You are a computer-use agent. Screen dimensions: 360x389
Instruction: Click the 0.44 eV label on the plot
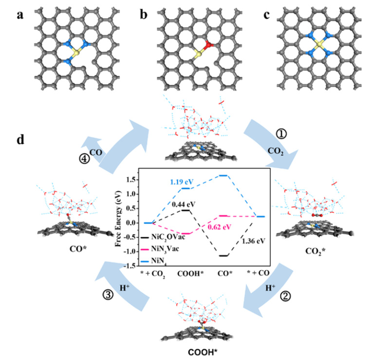pyautogui.click(x=182, y=202)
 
